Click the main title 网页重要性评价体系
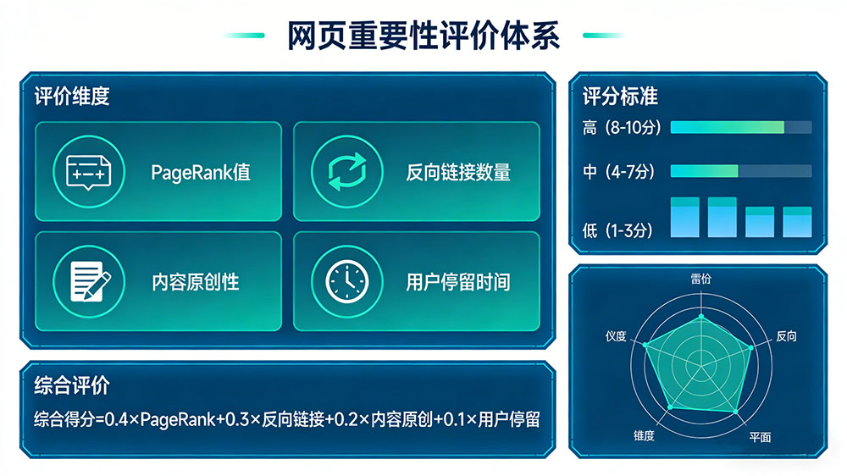point(423,37)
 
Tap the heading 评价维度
point(72,97)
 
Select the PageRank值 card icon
point(89,170)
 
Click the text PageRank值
point(201,172)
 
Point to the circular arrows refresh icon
point(346,170)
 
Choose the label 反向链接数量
point(458,172)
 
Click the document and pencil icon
point(89,280)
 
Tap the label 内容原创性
point(196,281)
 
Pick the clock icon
point(346,280)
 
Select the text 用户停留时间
point(458,281)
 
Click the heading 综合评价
point(72,386)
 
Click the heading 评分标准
point(620,97)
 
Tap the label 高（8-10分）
point(618,128)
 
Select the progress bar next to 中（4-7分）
point(740,171)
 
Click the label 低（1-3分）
point(617,230)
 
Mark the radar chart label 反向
point(786,336)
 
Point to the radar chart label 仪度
point(616,336)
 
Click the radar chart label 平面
point(760,437)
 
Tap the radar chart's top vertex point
point(700,316)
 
